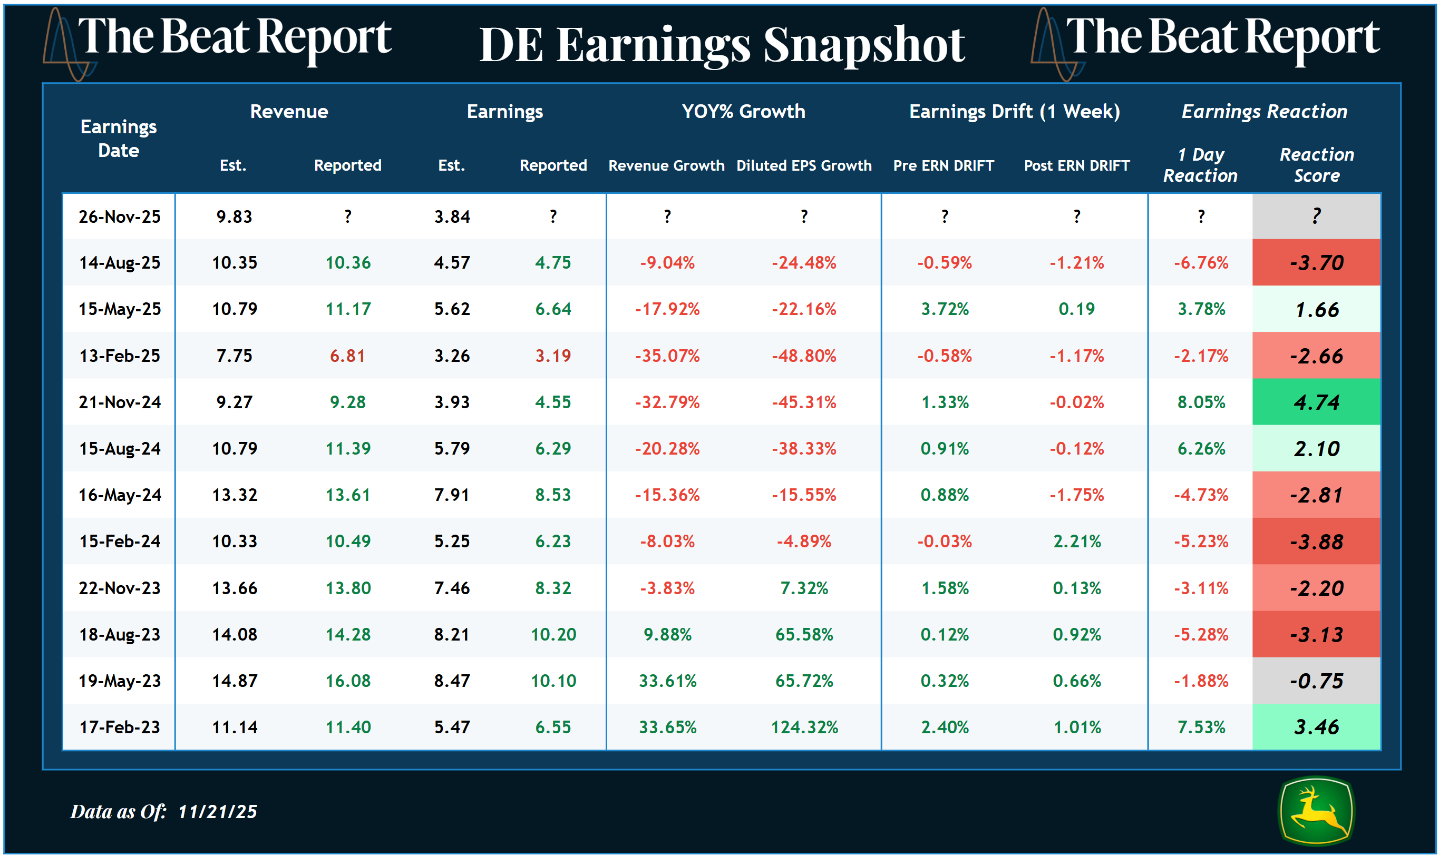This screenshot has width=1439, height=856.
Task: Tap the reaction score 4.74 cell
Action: tap(1316, 402)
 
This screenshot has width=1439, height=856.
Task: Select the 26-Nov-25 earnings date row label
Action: tap(120, 217)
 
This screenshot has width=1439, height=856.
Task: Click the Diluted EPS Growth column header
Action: tap(803, 165)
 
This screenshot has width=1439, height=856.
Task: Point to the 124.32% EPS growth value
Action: tap(804, 727)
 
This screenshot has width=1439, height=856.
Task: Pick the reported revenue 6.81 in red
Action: tap(347, 356)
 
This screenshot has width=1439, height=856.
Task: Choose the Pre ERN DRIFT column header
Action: tap(943, 165)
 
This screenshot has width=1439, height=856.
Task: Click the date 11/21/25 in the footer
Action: tap(217, 812)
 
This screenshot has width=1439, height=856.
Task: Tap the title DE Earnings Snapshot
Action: tap(722, 45)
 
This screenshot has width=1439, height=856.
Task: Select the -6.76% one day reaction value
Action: tap(1201, 262)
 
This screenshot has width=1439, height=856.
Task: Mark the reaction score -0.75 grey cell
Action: tap(1316, 681)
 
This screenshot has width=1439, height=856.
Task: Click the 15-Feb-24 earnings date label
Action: tap(120, 541)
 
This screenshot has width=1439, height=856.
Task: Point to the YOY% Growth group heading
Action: tap(743, 111)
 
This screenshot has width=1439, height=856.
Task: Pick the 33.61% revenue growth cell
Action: tap(667, 681)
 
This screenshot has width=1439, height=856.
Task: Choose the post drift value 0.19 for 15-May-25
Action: tap(1076, 309)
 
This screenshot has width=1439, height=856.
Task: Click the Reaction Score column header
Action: tap(1316, 165)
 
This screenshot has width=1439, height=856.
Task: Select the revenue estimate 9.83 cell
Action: tap(234, 217)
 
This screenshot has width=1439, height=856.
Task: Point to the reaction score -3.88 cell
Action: tap(1316, 542)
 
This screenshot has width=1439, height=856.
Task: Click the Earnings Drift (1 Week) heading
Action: tap(1014, 111)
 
